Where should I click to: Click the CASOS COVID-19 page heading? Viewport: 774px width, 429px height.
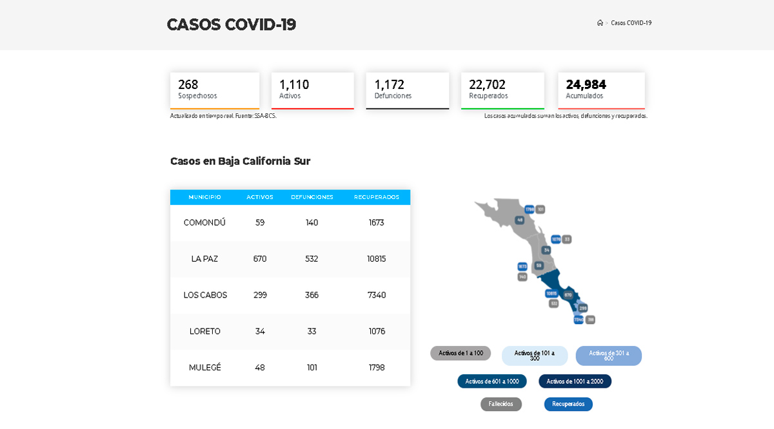231,24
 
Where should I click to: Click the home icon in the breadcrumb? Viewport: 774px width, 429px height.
600,23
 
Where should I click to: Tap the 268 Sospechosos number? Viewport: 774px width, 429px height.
188,84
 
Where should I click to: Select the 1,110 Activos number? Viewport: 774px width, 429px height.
294,84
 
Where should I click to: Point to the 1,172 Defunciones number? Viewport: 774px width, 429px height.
389,84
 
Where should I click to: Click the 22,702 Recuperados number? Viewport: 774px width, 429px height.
487,84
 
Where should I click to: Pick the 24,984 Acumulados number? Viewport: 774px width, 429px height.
586,84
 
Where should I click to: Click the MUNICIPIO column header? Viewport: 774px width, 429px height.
204,197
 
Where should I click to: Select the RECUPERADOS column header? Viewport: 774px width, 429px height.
377,197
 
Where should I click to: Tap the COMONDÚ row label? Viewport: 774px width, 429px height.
204,222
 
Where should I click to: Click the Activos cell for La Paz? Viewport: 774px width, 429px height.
260,259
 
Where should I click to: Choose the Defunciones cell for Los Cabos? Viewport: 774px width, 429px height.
312,295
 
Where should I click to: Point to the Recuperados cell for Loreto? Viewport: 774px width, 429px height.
377,331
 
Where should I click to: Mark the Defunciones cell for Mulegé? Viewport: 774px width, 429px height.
312,367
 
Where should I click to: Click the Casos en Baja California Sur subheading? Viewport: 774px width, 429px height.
240,161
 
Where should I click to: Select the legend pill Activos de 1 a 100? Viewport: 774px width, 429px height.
461,353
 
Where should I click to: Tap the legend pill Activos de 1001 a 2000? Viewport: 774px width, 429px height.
575,381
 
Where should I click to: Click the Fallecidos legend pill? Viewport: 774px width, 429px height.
501,404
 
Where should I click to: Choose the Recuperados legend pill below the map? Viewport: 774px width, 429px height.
568,404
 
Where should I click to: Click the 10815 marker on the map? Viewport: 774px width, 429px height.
551,293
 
